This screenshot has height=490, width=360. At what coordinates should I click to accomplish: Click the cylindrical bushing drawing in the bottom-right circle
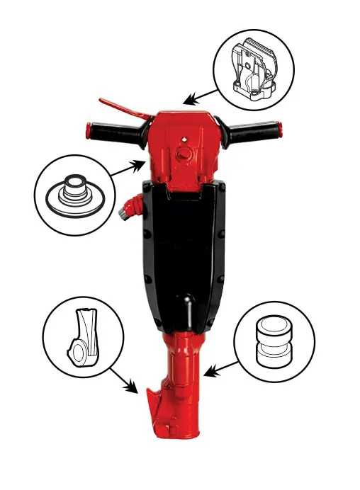tap(272, 339)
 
